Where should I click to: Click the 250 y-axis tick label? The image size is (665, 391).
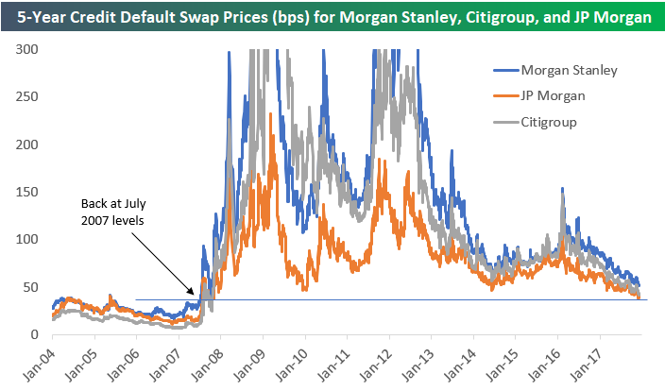[x=31, y=96]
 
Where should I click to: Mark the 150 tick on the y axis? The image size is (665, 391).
[x=31, y=192]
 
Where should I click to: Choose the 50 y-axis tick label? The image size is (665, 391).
[x=34, y=287]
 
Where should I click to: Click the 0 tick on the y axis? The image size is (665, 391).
[x=38, y=334]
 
